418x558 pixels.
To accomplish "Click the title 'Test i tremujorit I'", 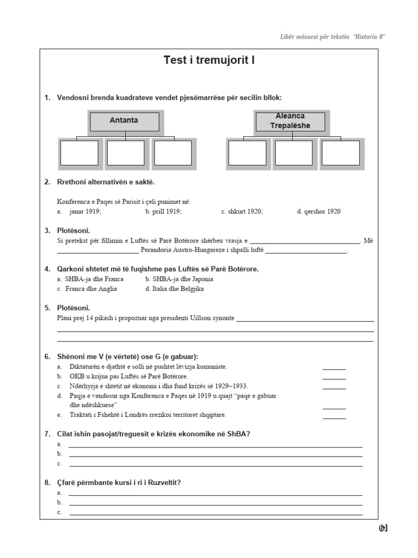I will tap(209, 60).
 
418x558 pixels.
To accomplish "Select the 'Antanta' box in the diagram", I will tap(124, 120).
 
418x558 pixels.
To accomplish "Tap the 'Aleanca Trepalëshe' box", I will tap(290, 121).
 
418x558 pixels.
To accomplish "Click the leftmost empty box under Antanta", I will tap(79, 153).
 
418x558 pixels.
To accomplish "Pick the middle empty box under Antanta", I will tap(126, 153).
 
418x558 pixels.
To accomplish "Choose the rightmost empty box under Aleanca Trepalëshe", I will tap(340, 153).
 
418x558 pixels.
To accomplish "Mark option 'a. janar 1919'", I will tap(79, 211).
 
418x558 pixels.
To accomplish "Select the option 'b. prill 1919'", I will tap(163, 211).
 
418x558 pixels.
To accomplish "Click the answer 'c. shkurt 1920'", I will tap(242, 211).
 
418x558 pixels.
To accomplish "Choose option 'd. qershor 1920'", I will tap(319, 211).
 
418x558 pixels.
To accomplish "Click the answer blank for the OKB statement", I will tap(334, 377).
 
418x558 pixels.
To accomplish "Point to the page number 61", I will tap(383, 528).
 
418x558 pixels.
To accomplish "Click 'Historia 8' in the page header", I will tap(370, 37).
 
